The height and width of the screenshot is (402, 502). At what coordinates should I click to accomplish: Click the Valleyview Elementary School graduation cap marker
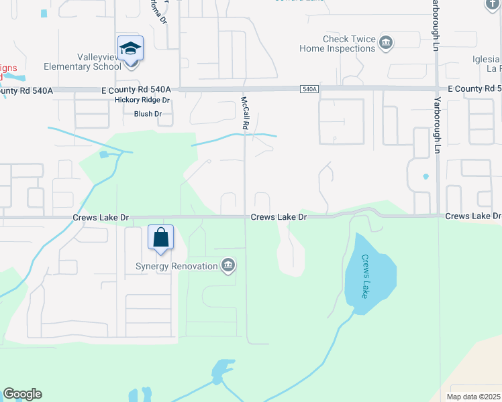(130, 49)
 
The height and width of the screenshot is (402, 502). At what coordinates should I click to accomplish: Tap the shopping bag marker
(161, 237)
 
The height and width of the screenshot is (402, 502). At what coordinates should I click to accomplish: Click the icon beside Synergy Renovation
(228, 266)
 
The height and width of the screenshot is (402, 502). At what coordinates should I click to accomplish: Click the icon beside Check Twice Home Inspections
(385, 44)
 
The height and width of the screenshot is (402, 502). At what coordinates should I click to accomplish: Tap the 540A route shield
(309, 88)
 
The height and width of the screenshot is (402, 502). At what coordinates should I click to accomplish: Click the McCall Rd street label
(246, 113)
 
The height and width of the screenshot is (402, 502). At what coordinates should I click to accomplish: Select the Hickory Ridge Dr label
(142, 100)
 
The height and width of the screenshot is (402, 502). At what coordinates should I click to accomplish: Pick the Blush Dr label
(148, 114)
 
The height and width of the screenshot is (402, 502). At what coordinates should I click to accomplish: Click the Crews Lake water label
(365, 276)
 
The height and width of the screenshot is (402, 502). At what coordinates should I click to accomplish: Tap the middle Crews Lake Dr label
(279, 217)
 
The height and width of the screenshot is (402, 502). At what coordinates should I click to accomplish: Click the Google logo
(22, 394)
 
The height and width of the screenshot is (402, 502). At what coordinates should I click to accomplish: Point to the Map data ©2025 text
(472, 397)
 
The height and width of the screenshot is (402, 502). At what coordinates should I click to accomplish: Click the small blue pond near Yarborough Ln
(425, 177)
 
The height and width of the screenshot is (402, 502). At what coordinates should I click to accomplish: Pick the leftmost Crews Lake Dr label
(100, 218)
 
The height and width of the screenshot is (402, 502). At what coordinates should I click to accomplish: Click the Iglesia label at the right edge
(487, 58)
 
